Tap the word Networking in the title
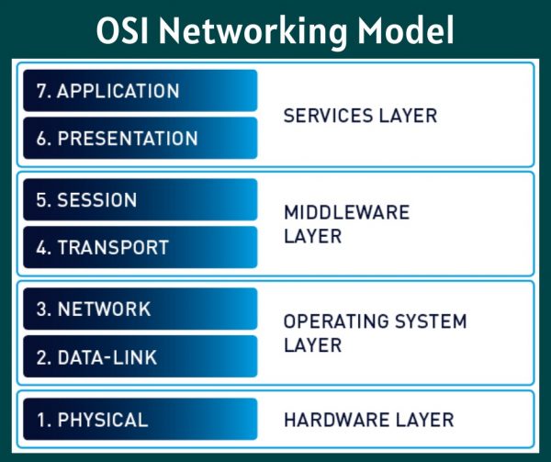(253, 33)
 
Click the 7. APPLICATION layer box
(141, 91)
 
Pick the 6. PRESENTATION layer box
(141, 138)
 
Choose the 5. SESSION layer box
(141, 199)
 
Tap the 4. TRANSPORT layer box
(141, 247)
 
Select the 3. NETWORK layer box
(141, 309)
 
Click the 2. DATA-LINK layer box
(141, 356)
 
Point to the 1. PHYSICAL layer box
(141, 419)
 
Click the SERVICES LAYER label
(360, 116)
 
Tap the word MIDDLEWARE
(346, 212)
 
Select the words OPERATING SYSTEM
(375, 321)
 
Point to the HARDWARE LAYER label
(368, 420)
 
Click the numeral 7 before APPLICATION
(42, 91)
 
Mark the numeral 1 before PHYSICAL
(41, 420)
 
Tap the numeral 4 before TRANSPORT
(42, 247)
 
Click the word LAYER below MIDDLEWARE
(312, 236)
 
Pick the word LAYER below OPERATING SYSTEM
(312, 345)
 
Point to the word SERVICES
(328, 116)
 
